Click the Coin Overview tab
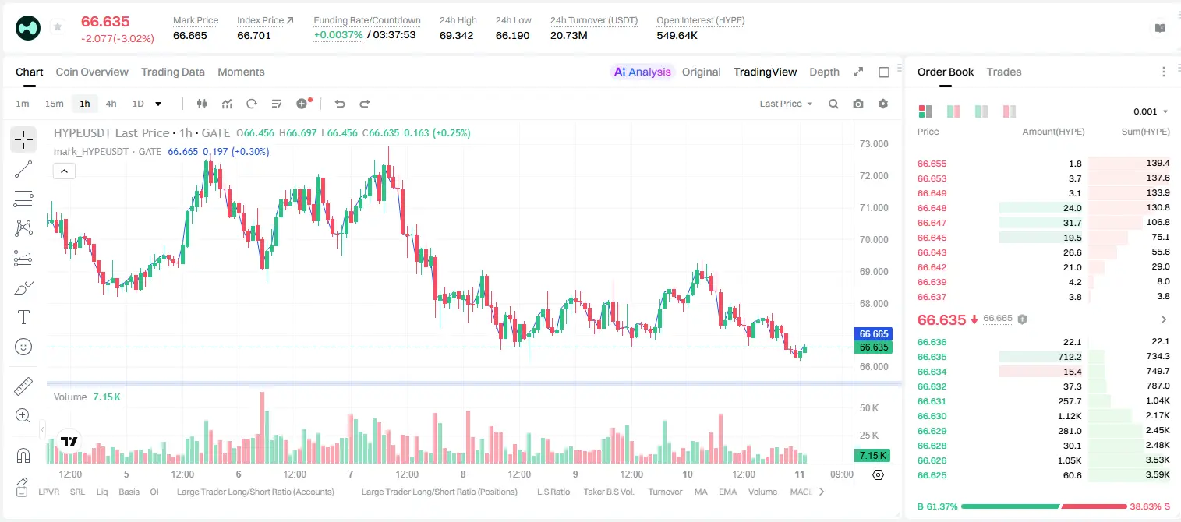92,72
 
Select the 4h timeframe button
111,104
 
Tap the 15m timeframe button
54,104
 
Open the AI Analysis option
642,72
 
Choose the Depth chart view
824,72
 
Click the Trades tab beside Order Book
1004,72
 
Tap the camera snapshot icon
858,104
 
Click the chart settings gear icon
883,104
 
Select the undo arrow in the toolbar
340,104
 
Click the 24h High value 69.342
456,35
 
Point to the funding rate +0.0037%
338,35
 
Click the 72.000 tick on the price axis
874,176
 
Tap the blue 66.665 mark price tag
873,334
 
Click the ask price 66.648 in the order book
932,208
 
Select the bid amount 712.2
1070,357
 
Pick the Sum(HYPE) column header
1145,132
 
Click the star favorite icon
58,26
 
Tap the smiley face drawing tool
23,347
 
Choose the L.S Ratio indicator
553,492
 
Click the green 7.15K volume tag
872,455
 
